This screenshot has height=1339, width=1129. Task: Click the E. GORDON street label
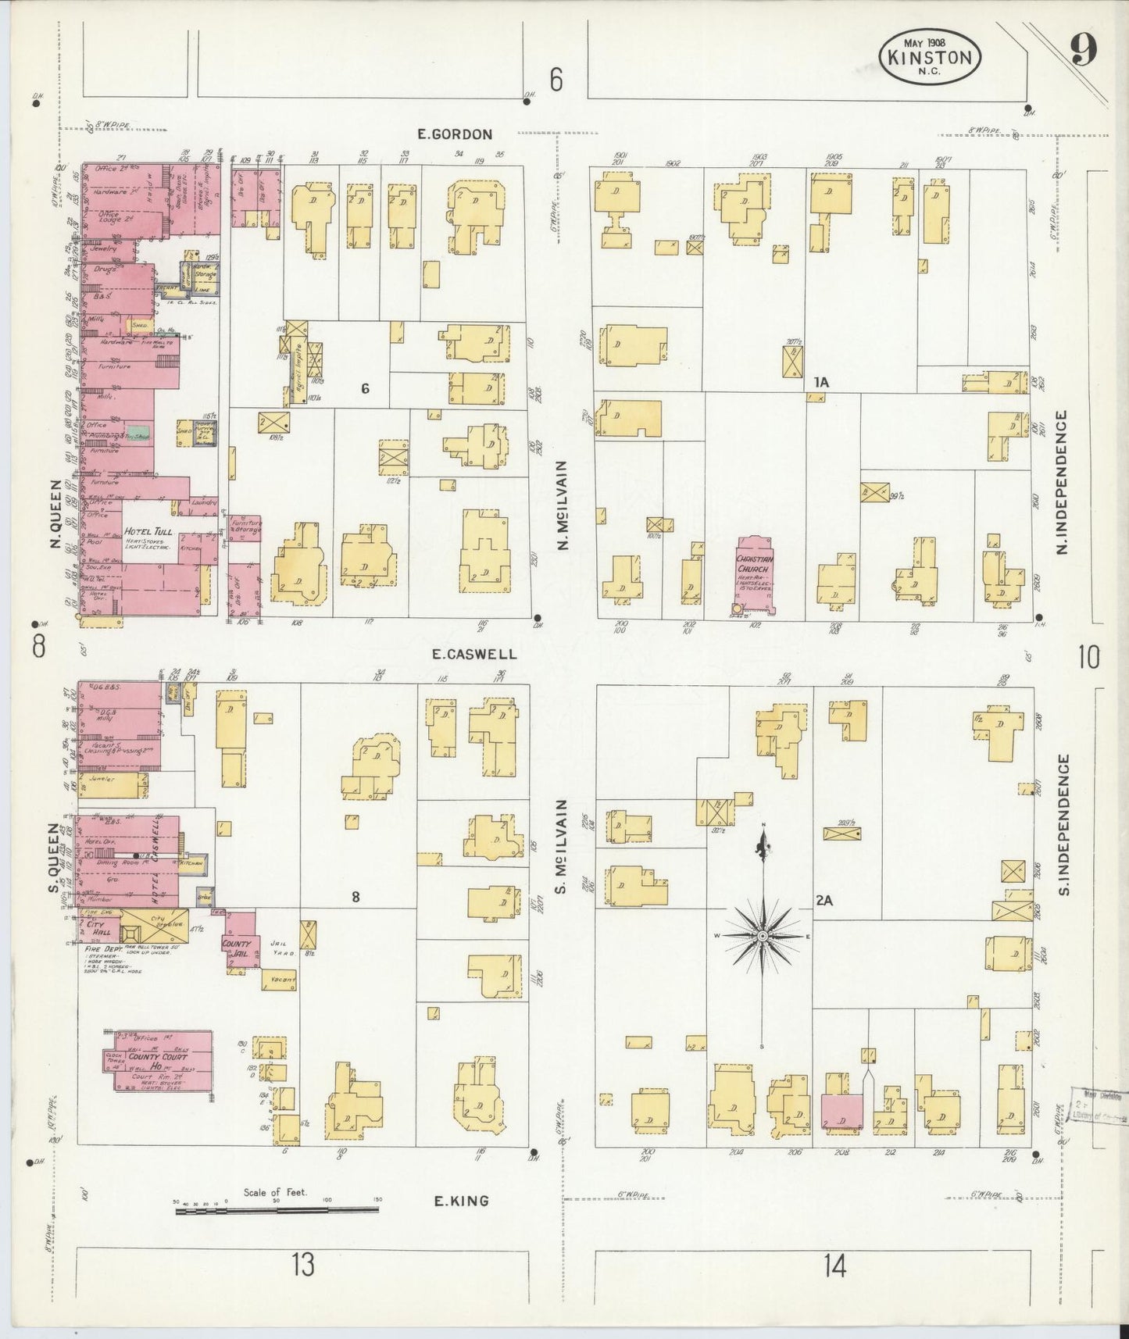455,134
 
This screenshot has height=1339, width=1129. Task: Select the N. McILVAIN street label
563,504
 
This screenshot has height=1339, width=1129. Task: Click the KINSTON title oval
930,56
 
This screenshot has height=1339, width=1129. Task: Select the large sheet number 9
1083,51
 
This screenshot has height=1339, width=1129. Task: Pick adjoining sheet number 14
834,1264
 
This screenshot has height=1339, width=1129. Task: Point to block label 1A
820,382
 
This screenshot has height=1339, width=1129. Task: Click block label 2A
824,900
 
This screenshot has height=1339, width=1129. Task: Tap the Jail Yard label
280,948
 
